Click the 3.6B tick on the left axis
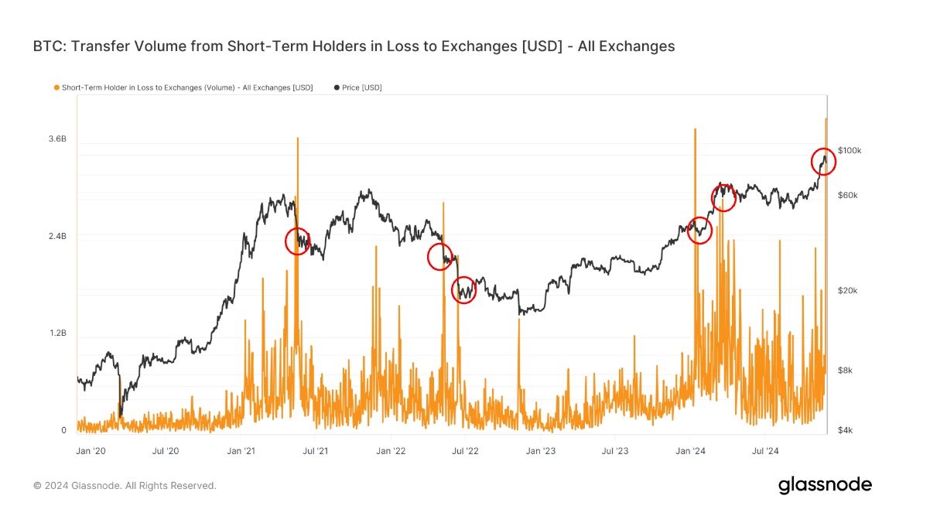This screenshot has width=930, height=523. pyautogui.click(x=58, y=139)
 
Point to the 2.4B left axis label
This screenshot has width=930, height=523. pyautogui.click(x=58, y=236)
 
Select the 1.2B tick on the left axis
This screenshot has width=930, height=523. pyautogui.click(x=58, y=333)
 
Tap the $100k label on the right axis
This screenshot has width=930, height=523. pyautogui.click(x=850, y=150)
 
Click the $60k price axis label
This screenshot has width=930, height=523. pyautogui.click(x=848, y=195)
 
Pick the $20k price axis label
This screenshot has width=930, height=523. pyautogui.click(x=848, y=291)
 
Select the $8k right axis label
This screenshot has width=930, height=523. pyautogui.click(x=846, y=371)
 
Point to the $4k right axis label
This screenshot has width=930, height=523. pyautogui.click(x=846, y=430)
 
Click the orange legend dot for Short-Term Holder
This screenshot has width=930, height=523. pyautogui.click(x=56, y=88)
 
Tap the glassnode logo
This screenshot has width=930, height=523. pyautogui.click(x=825, y=485)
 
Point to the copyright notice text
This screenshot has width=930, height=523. pyautogui.click(x=125, y=486)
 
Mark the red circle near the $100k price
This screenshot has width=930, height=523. pyautogui.click(x=823, y=162)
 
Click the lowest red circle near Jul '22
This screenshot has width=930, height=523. pyautogui.click(x=463, y=290)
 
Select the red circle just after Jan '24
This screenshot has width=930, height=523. pyautogui.click(x=699, y=231)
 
